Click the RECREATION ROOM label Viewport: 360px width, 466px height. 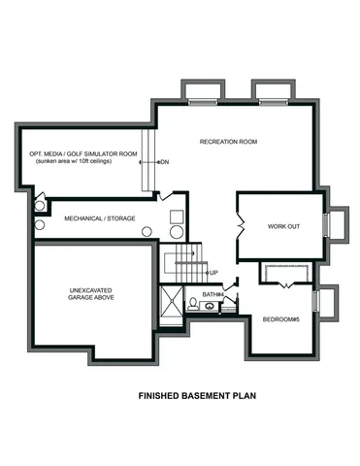coord(228,143)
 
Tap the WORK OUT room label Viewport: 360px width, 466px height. coord(284,226)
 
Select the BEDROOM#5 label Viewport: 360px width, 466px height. coord(281,319)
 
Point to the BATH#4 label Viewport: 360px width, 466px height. coord(213,294)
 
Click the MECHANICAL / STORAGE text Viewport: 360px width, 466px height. coord(100,218)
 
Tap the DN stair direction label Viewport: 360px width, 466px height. coord(164,161)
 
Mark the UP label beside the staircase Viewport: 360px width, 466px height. coord(213,273)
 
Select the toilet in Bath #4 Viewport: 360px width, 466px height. coord(193,305)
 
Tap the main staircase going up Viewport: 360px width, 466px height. coord(184,263)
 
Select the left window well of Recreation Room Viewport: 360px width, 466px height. coord(202,93)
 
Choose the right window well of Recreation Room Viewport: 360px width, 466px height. coord(270,93)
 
